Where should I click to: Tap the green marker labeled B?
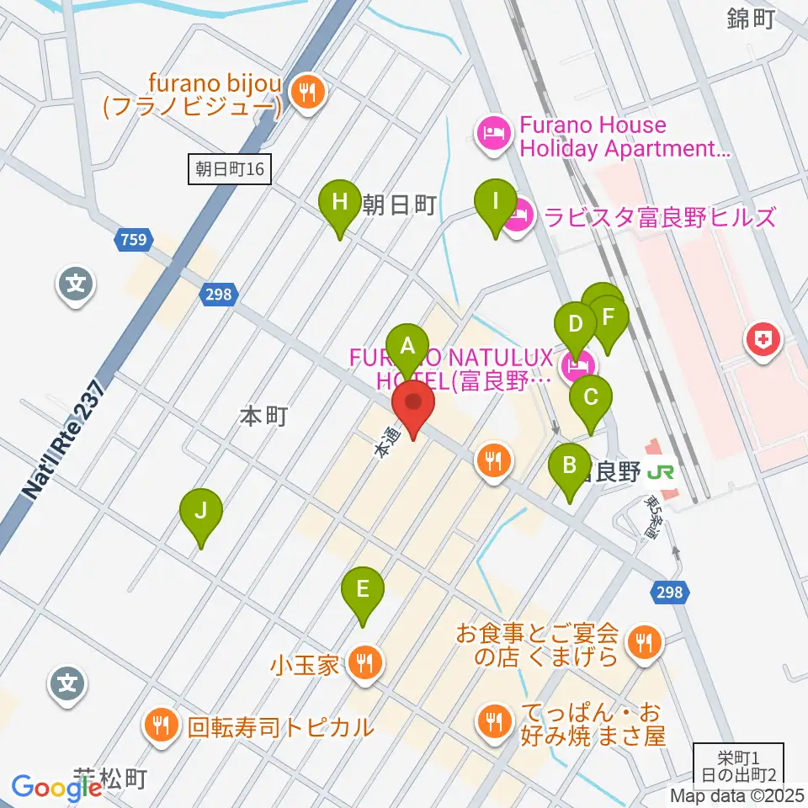click(x=570, y=465)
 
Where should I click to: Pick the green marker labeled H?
click(x=339, y=203)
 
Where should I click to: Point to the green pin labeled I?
click(x=495, y=202)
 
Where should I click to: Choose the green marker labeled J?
click(x=200, y=511)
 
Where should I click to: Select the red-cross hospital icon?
click(x=763, y=341)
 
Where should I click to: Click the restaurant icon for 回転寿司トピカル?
click(x=160, y=725)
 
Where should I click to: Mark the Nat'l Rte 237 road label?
click(x=63, y=439)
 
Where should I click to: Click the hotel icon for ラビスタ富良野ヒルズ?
click(x=519, y=218)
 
